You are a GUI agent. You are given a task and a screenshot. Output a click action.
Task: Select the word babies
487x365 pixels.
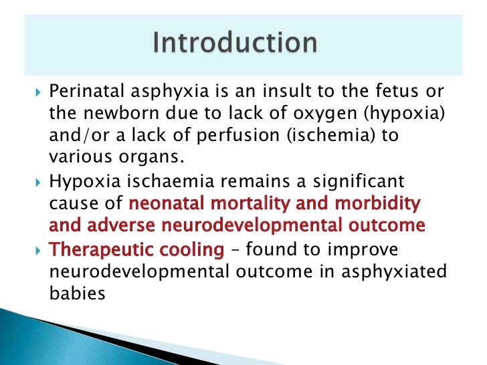coord(79,292)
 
